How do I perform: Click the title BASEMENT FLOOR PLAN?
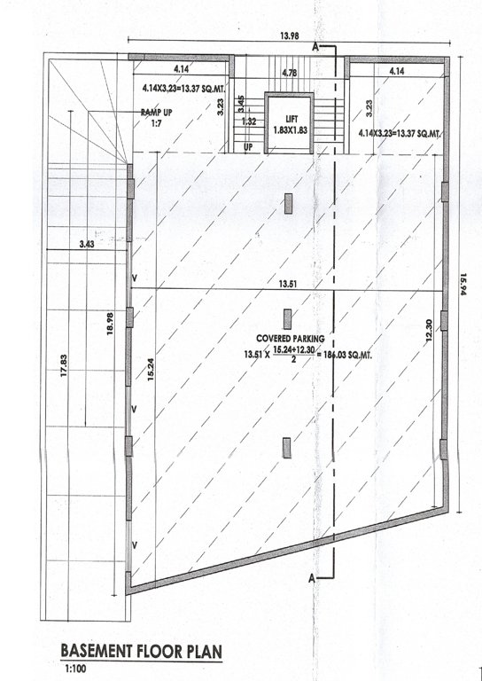click(141, 651)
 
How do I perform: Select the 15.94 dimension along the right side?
click(463, 288)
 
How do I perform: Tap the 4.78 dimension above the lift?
click(289, 72)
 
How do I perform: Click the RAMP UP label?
click(156, 113)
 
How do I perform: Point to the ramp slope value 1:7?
click(156, 124)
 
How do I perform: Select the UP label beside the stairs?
click(249, 146)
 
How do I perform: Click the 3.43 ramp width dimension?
click(86, 242)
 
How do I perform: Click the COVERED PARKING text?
click(289, 339)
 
